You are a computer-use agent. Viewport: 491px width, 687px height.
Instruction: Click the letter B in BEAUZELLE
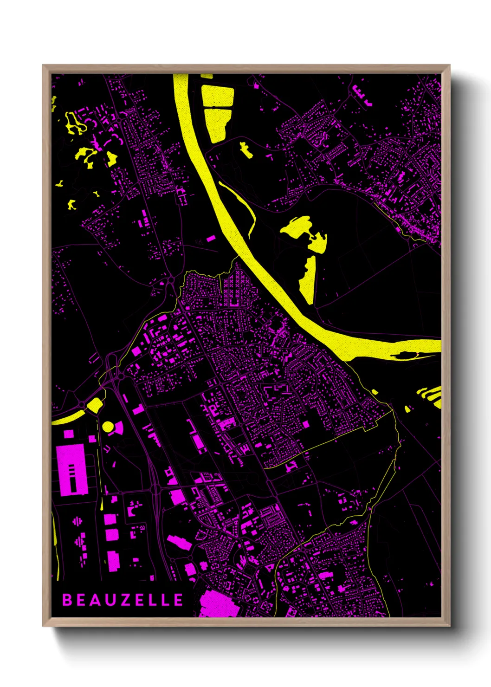67,600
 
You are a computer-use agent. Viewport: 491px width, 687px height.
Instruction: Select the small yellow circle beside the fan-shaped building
108,427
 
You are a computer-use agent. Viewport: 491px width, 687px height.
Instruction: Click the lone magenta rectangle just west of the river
211,239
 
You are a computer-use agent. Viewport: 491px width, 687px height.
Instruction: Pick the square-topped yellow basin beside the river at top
218,97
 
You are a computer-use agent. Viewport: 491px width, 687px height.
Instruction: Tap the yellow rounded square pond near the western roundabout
95,405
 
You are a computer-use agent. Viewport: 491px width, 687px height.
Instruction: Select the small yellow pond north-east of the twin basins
245,149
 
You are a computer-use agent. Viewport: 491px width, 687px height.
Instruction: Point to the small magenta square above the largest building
69,434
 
